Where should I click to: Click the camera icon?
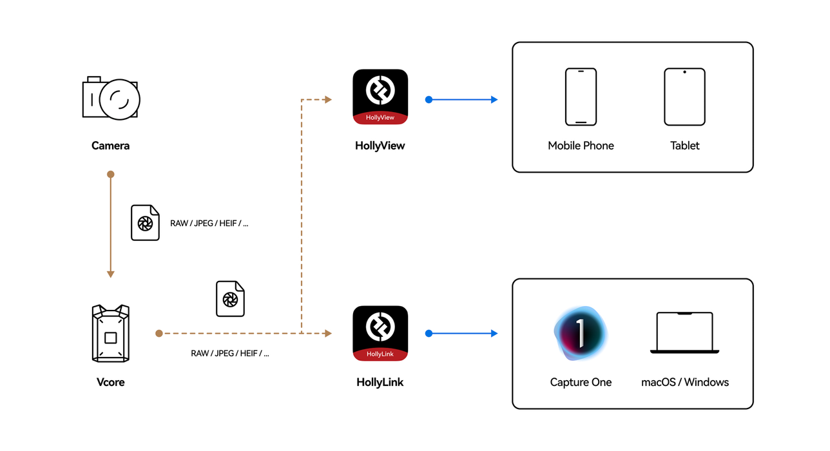[111, 99]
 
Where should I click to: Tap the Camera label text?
[110, 146]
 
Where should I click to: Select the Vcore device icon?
[110, 333]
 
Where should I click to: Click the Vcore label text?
[110, 382]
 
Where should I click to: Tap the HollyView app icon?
[380, 97]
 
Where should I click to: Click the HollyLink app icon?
[380, 333]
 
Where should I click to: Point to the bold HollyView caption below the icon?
[380, 146]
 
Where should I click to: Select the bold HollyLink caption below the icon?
[380, 382]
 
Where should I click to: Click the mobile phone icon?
[581, 97]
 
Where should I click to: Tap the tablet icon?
[684, 97]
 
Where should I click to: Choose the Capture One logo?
[580, 332]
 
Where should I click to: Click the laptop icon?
[684, 333]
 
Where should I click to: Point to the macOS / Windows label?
[684, 382]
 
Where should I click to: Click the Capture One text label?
[581, 382]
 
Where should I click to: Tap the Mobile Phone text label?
[581, 146]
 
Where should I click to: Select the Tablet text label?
[684, 146]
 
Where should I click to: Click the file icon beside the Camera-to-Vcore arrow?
[145, 223]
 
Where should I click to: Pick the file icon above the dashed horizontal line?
[230, 299]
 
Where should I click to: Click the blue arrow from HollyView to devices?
[462, 100]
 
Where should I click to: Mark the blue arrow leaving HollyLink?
[462, 333]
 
